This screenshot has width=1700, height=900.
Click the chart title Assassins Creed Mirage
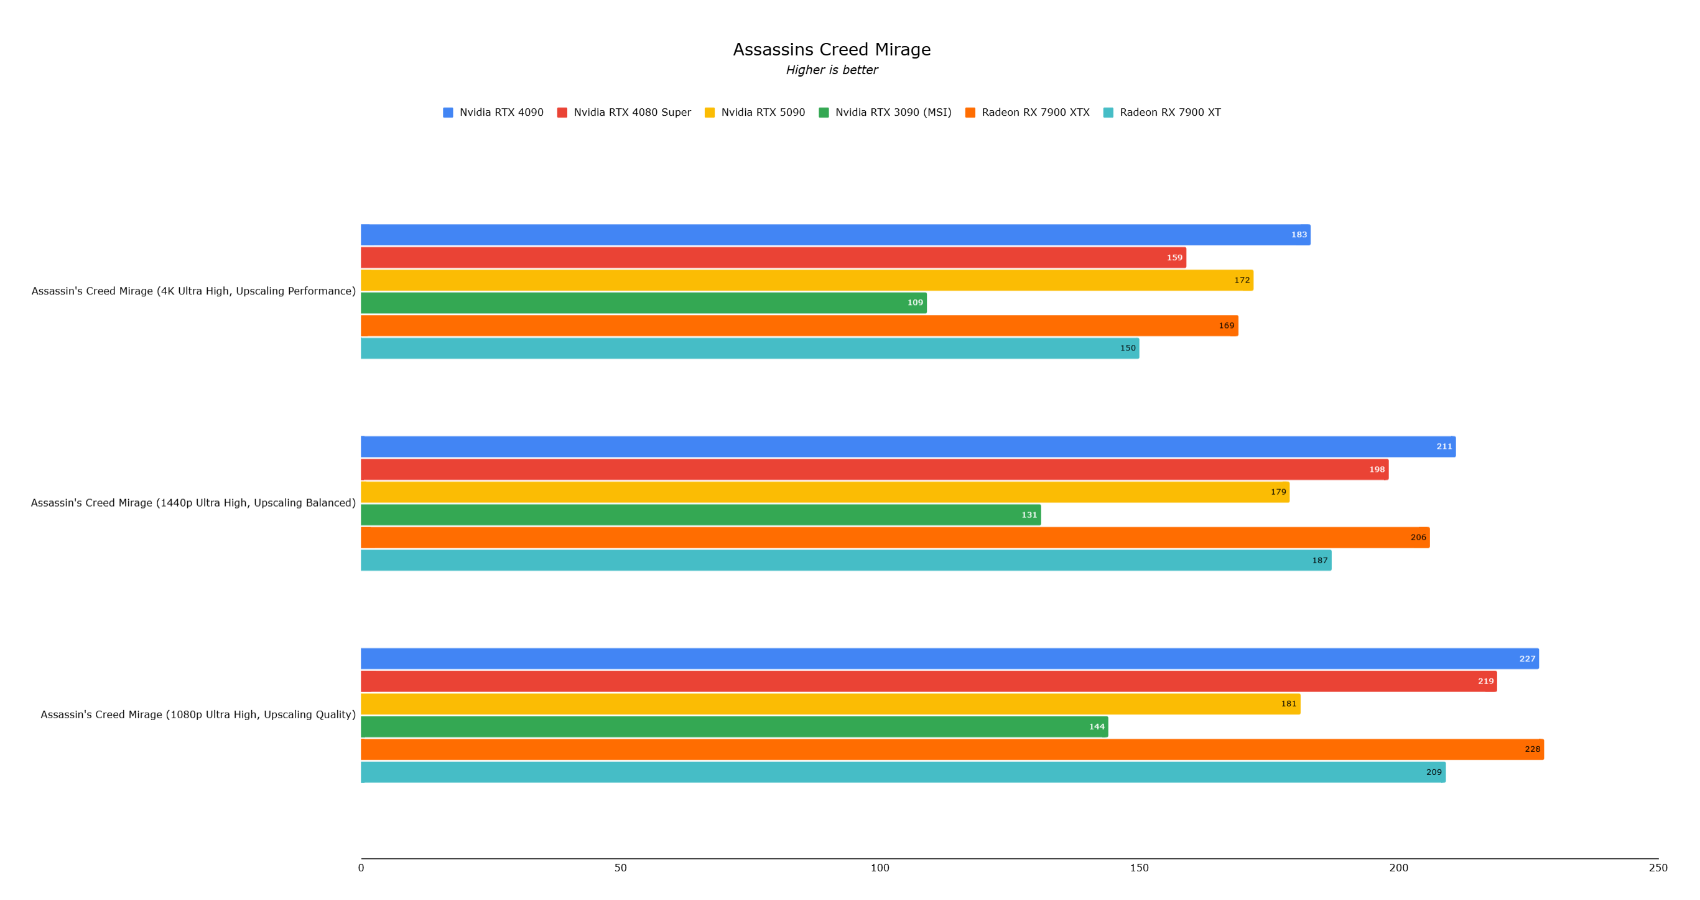(832, 50)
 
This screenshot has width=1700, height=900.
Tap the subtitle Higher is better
(832, 70)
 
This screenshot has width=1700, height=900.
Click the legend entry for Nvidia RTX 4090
(493, 112)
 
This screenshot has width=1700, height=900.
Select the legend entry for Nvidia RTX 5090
(755, 112)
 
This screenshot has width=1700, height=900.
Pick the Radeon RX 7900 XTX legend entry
(1028, 112)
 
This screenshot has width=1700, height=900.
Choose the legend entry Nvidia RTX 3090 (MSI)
(885, 112)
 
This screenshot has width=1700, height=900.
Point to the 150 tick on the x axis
(1139, 868)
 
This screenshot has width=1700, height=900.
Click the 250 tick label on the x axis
(1658, 868)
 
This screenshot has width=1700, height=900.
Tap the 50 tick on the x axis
(620, 868)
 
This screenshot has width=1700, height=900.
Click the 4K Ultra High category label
(193, 291)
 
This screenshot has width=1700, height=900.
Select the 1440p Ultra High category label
(193, 503)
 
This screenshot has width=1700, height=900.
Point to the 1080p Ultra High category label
(198, 715)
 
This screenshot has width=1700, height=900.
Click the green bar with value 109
(643, 303)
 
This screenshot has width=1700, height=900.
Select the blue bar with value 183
(835, 235)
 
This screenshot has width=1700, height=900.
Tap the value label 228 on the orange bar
(1531, 749)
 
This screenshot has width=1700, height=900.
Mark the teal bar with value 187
(845, 561)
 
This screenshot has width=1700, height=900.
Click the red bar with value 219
(928, 682)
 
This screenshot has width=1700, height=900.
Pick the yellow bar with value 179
(825, 492)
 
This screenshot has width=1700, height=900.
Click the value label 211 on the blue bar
(1444, 447)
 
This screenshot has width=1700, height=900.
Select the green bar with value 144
(734, 727)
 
